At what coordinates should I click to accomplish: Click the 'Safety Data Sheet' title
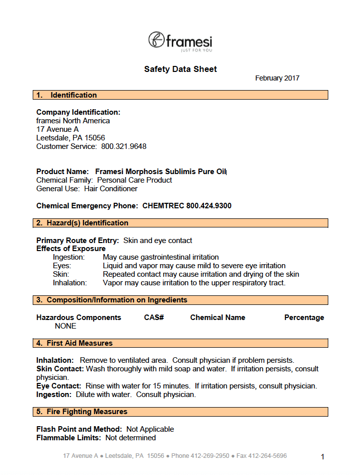point(180,69)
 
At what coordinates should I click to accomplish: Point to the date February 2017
point(277,78)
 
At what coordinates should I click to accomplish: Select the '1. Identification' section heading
point(74,95)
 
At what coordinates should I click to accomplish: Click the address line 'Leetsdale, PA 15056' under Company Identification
point(70,137)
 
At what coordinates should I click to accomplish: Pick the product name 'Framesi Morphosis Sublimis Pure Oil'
point(161,172)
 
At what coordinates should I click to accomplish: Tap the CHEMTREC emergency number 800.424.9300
point(209,206)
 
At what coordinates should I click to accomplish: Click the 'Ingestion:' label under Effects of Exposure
point(69,257)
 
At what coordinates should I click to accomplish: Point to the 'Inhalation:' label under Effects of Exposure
point(70,283)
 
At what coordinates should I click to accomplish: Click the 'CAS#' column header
point(154,318)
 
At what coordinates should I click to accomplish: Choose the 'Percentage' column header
point(304,318)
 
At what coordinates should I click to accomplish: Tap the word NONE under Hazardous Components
point(65,326)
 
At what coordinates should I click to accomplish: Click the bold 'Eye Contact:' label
point(58,386)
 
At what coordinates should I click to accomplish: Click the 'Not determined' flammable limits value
point(130,438)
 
